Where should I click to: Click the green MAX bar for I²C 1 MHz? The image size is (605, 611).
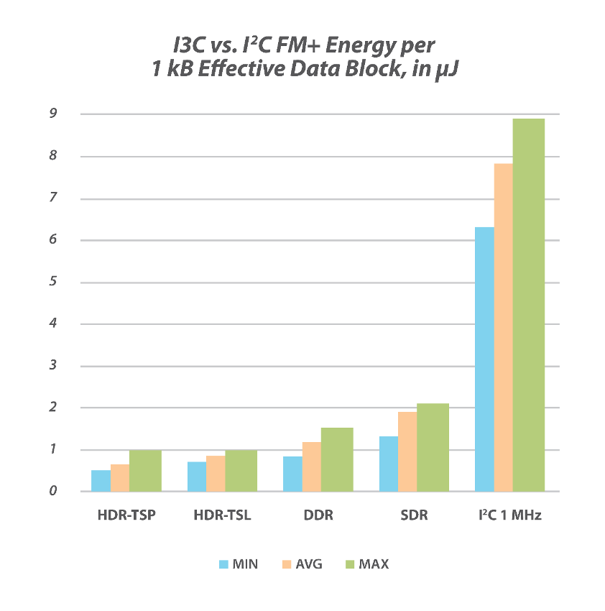pos(528,305)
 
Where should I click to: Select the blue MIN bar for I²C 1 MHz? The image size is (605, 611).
pos(485,359)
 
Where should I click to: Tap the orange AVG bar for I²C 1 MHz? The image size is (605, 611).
pos(504,328)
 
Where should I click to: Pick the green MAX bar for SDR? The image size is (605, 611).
pos(433,447)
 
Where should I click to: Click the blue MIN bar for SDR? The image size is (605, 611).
pos(389,464)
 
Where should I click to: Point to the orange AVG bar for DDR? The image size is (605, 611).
pos(312,467)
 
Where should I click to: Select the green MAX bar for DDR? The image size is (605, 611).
pos(337,459)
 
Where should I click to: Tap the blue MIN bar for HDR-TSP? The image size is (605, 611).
pos(101,480)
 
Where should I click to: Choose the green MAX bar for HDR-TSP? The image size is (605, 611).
pos(145,470)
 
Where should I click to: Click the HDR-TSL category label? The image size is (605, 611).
pos(222,516)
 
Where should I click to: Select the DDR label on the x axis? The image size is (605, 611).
pos(318,516)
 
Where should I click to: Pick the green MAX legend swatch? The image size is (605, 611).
pos(351,564)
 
